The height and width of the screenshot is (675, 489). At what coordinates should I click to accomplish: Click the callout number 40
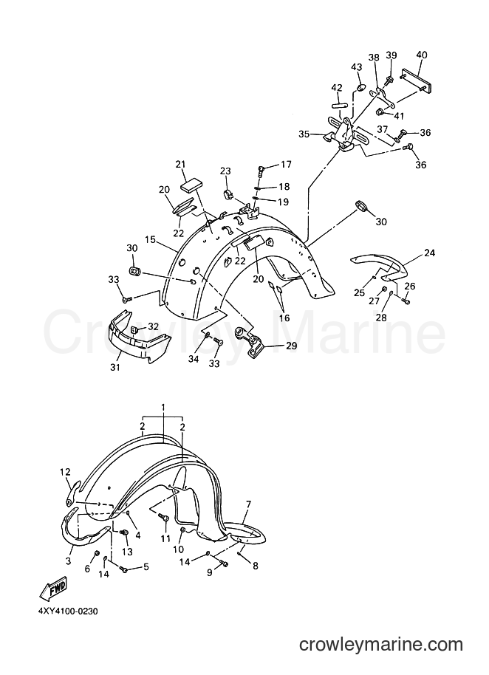[422, 55]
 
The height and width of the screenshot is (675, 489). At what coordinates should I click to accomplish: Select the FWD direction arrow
[53, 588]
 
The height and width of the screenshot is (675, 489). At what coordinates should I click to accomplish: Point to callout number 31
[115, 367]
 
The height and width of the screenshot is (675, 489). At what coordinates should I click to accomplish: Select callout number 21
[180, 164]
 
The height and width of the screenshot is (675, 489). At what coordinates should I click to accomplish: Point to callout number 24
[430, 253]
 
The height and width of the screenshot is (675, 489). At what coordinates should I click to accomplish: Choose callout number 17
[287, 165]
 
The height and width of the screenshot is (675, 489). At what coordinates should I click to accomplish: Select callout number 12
[65, 472]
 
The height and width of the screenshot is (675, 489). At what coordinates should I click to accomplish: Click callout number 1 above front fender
[163, 407]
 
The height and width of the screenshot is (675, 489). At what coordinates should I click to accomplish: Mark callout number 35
[304, 134]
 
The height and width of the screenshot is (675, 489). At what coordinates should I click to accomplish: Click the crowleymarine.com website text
[381, 645]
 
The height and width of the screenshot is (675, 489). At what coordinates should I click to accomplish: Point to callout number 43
[357, 67]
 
